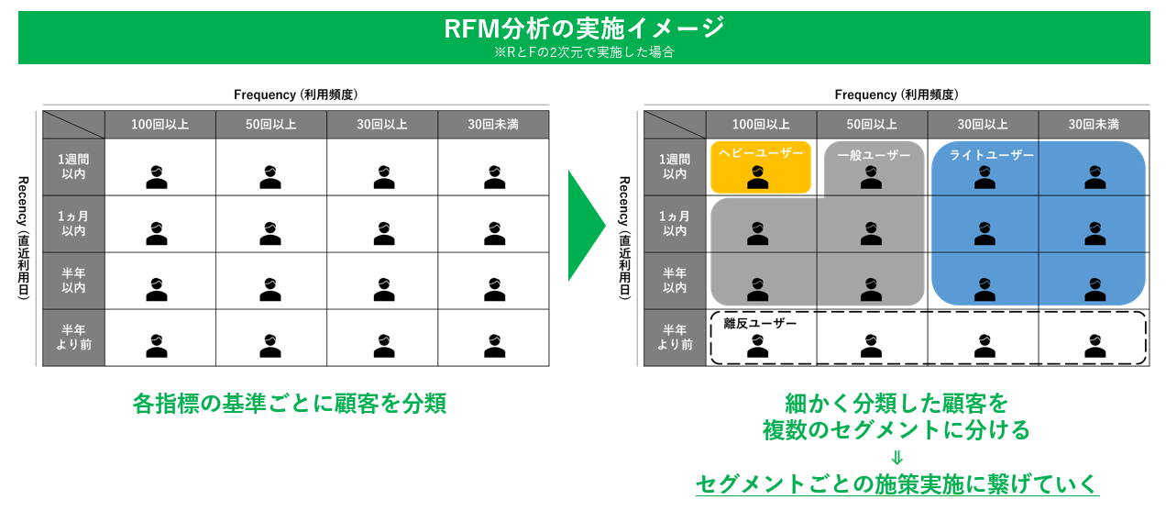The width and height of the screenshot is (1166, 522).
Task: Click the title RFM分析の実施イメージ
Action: click(x=583, y=28)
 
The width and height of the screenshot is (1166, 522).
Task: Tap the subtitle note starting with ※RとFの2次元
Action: click(x=583, y=52)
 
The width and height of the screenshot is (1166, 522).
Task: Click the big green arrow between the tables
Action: click(x=586, y=225)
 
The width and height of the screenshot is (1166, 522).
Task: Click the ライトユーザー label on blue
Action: click(x=991, y=155)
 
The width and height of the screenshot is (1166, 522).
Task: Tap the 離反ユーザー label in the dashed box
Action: click(x=760, y=323)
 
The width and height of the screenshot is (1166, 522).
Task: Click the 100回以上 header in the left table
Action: click(x=159, y=124)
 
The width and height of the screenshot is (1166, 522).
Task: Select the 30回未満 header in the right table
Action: click(x=1094, y=124)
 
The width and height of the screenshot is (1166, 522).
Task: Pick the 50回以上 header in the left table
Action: click(x=270, y=124)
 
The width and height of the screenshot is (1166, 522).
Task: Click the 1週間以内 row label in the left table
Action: click(x=73, y=166)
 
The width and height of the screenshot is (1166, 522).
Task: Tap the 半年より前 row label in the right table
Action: click(x=675, y=338)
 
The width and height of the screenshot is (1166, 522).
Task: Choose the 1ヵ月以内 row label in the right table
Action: click(x=675, y=224)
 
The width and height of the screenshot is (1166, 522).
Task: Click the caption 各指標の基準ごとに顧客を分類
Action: click(x=290, y=404)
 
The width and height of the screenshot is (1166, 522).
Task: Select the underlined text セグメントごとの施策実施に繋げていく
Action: click(x=896, y=483)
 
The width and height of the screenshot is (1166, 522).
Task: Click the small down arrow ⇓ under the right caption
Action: click(x=896, y=457)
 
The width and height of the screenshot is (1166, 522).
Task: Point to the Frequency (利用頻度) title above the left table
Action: click(x=295, y=94)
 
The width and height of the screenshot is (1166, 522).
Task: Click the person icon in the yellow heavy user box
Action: click(x=757, y=177)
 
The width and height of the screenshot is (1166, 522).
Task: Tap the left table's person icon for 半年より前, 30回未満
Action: click(x=494, y=345)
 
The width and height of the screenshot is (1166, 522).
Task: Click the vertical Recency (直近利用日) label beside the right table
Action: click(x=624, y=238)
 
